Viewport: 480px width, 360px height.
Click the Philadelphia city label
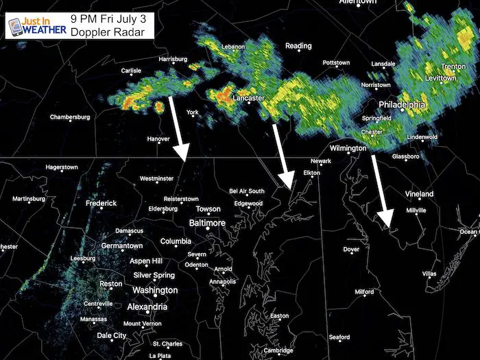point(402,105)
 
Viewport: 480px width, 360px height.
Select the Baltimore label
point(207,224)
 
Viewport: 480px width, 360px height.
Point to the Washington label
point(154,290)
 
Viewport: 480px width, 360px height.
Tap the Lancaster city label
point(249,99)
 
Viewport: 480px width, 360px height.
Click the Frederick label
point(101,204)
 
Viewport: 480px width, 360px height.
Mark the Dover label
point(351,250)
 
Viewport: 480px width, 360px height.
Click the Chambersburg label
point(70,117)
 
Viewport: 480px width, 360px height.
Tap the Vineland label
point(419,194)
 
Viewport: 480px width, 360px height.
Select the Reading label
point(298,46)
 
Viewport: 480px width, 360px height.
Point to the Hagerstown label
point(62,167)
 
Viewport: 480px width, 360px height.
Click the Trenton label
point(453,67)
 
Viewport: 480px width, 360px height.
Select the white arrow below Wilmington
point(381,190)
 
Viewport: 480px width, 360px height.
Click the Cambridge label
point(279,350)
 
